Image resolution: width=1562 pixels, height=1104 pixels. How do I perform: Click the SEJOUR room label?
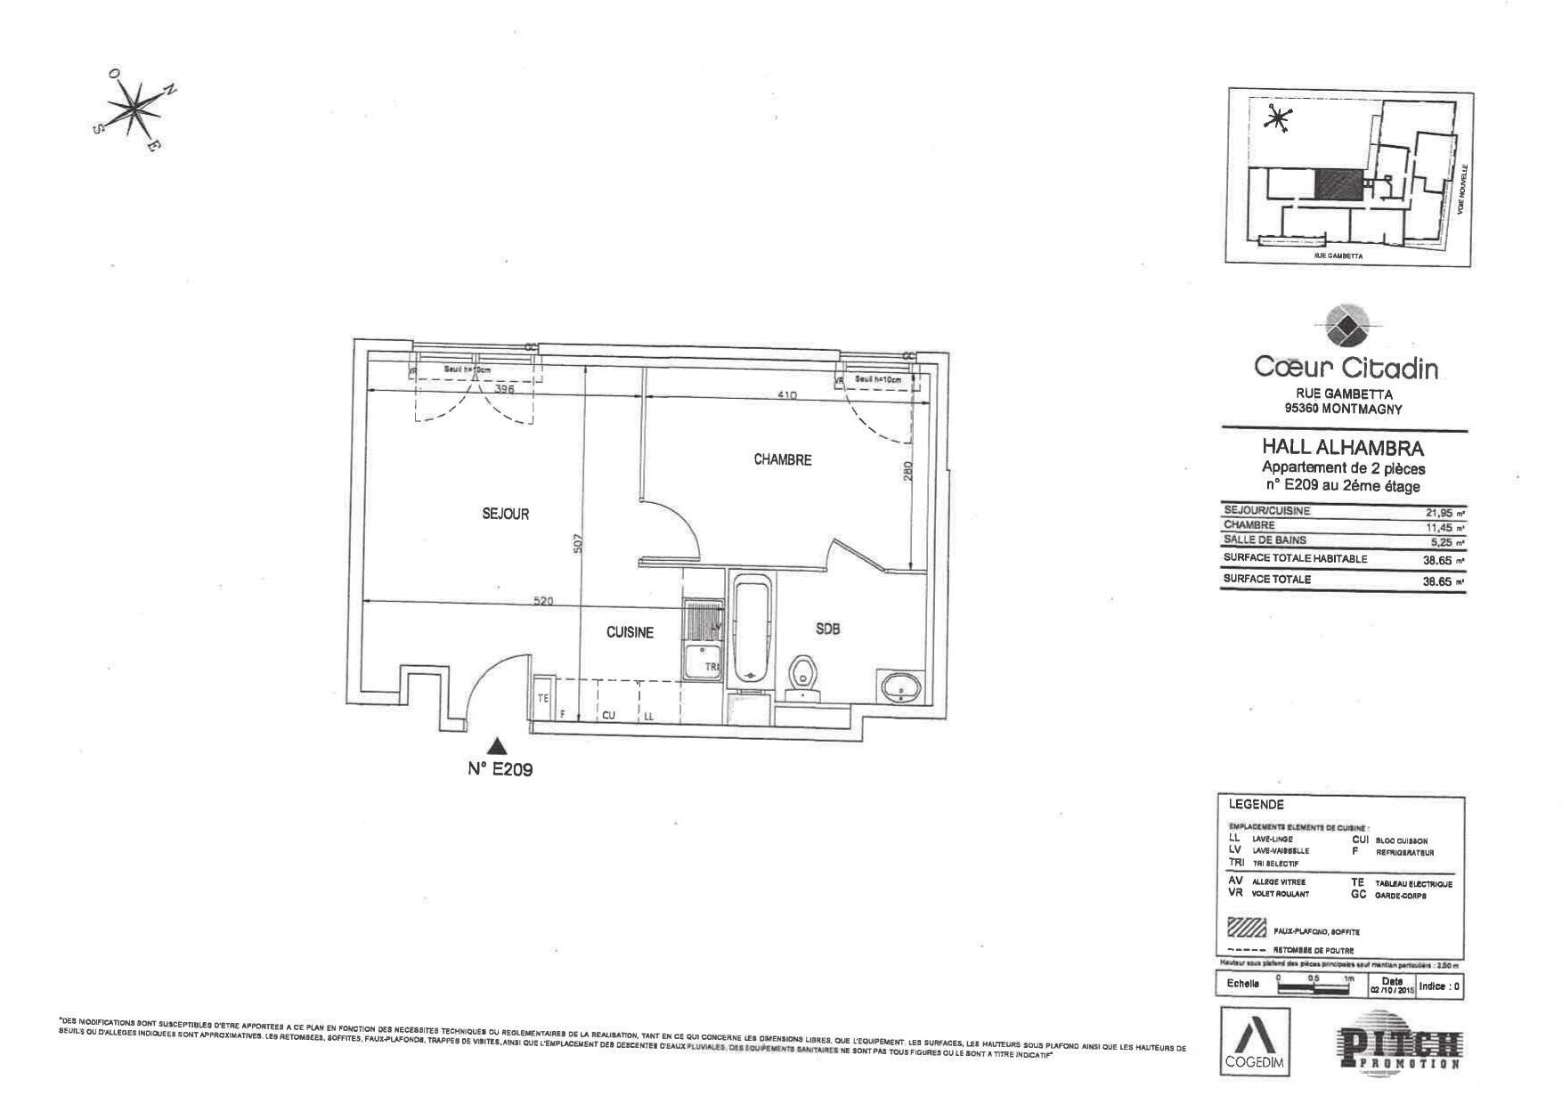click(505, 514)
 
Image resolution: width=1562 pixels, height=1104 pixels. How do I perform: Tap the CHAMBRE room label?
click(782, 460)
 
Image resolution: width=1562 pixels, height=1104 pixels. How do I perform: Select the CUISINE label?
click(630, 632)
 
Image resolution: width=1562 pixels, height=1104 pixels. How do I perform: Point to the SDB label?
click(828, 629)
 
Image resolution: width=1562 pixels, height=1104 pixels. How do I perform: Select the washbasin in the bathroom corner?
click(900, 687)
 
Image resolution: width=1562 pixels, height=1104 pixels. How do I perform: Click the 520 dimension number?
click(542, 601)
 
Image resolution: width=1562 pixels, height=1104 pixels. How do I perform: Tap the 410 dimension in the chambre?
click(787, 395)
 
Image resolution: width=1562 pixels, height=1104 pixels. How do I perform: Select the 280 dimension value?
click(907, 470)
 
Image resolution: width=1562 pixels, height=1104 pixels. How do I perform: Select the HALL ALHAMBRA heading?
click(1343, 448)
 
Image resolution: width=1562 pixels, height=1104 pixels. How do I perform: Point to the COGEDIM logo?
click(1253, 1040)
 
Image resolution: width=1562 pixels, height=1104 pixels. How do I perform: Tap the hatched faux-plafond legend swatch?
click(1247, 929)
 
